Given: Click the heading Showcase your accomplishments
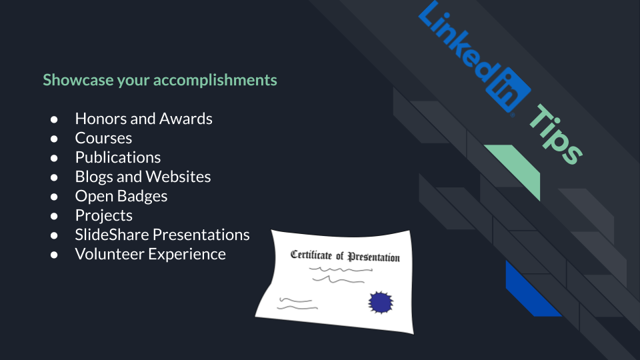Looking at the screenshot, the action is click(160, 80).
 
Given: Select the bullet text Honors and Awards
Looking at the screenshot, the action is click(144, 119).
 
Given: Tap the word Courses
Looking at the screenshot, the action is click(104, 138).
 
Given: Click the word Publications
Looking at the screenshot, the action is click(118, 157).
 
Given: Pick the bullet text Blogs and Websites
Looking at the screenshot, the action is click(143, 177).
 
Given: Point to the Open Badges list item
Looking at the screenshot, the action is click(121, 196).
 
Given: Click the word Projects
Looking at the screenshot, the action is click(104, 215).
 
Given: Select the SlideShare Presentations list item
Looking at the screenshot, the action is click(163, 235).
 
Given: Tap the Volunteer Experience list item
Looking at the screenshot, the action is click(150, 254).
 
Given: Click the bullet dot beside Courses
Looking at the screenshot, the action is click(54, 139).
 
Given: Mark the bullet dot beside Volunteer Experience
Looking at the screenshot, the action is click(54, 255).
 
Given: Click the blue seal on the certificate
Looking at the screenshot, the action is click(381, 303).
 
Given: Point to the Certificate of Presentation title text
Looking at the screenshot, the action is click(345, 256).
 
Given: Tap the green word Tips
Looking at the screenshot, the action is click(556, 134).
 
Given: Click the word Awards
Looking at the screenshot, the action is click(186, 119).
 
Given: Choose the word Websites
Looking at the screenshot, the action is click(178, 177).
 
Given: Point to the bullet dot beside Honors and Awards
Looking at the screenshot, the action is click(54, 119).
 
